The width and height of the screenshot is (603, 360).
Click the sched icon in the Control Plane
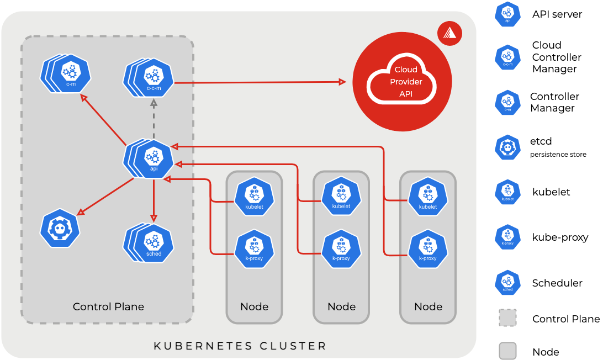(x=153, y=242)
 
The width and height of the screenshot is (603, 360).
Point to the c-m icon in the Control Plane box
(x=70, y=74)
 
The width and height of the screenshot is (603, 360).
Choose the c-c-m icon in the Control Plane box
(x=153, y=78)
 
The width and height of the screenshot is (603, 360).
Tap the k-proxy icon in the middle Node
(x=341, y=249)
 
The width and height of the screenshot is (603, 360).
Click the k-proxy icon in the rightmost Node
(x=428, y=249)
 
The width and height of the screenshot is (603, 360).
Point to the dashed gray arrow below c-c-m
(x=154, y=119)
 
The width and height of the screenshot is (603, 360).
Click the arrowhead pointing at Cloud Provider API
(x=342, y=82)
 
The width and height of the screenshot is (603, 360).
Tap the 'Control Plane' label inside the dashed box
(x=108, y=306)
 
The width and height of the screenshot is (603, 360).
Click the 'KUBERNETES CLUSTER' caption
(x=240, y=346)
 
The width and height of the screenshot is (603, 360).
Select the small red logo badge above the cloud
(x=449, y=33)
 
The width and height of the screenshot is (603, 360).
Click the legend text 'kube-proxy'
(x=560, y=237)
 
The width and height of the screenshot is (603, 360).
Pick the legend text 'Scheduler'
(x=557, y=283)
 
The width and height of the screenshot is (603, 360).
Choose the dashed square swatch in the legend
(x=507, y=319)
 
